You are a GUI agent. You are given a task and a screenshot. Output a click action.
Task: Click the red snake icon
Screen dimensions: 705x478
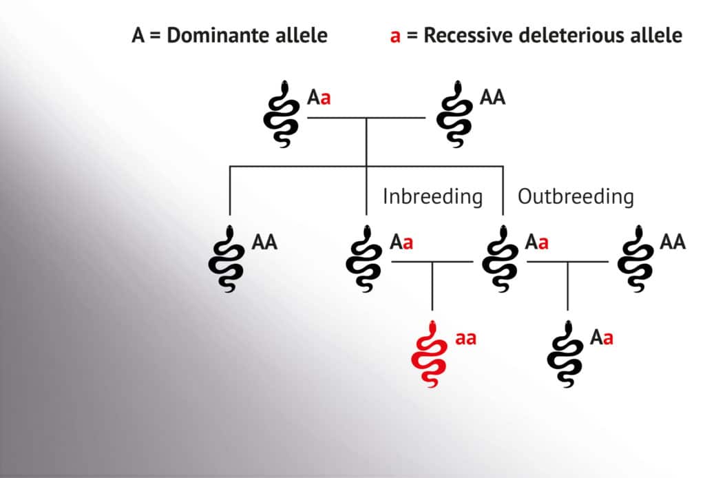click(x=430, y=354)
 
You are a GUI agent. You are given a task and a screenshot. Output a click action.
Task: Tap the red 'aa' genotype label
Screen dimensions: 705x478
click(x=466, y=339)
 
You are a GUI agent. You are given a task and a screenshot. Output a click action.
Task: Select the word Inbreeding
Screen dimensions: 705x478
click(x=432, y=196)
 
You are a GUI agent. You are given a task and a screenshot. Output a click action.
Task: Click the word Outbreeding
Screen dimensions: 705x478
click(x=576, y=196)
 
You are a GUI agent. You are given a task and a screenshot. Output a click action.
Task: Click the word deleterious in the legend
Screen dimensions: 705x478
click(x=572, y=35)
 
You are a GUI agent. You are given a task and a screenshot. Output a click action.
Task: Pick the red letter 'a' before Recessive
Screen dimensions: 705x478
click(x=395, y=37)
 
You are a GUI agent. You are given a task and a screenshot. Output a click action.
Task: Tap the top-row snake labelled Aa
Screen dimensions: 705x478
click(x=282, y=114)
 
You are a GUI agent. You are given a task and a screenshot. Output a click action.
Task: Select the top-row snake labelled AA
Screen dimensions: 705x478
click(x=454, y=114)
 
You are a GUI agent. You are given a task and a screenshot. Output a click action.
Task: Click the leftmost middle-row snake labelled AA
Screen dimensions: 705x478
click(x=227, y=259)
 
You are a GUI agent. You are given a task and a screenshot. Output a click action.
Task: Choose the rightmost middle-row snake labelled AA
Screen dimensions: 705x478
click(x=635, y=259)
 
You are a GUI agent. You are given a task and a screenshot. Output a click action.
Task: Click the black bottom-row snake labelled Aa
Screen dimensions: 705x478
click(x=565, y=354)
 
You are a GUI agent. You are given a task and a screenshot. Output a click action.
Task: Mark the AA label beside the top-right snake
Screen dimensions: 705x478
click(x=493, y=97)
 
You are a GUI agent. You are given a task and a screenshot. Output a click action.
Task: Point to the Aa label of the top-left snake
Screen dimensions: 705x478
click(x=319, y=97)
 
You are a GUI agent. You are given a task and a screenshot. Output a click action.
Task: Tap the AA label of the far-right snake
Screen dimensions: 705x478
click(x=673, y=242)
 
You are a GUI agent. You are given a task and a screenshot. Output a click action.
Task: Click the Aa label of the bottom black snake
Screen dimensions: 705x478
click(x=602, y=337)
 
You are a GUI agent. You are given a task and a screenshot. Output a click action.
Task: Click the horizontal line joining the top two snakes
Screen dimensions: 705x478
click(x=366, y=118)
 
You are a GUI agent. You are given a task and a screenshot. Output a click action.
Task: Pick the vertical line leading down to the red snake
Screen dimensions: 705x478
click(x=432, y=286)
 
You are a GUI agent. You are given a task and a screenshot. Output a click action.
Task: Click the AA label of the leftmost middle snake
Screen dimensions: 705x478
click(x=264, y=242)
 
